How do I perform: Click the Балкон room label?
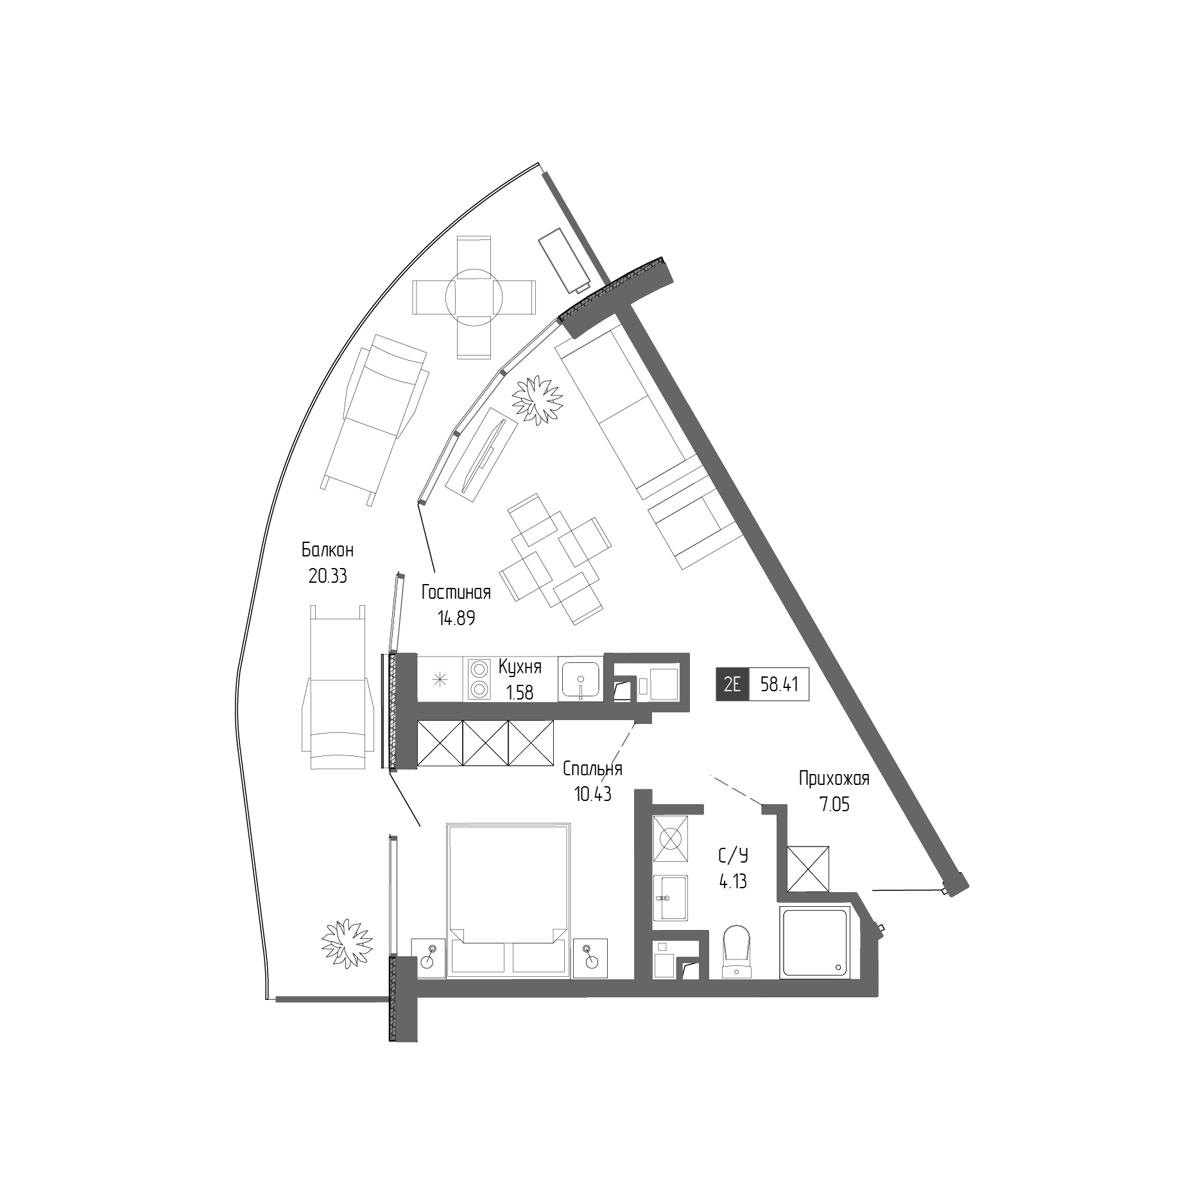tap(327, 550)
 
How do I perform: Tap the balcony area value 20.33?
tap(327, 576)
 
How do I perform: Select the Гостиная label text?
tap(456, 592)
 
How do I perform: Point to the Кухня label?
tap(520, 667)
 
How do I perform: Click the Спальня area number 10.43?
tap(592, 794)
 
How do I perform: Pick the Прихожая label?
tap(834, 778)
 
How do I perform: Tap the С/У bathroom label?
tap(733, 856)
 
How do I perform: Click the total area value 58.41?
tap(779, 684)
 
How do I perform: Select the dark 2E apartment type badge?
tap(732, 684)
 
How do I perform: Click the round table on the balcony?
tap(474, 296)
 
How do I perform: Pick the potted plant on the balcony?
tap(347, 942)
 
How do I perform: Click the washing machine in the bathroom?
tap(670, 838)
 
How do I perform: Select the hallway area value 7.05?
tap(834, 804)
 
